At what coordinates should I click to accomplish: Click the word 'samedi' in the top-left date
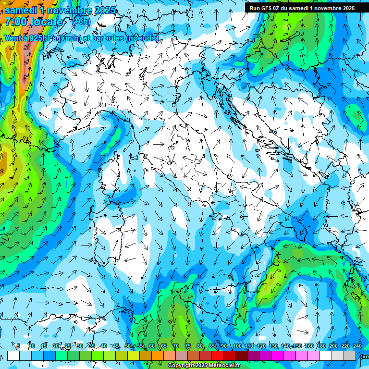[21, 10]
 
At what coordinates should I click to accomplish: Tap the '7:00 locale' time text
[34, 22]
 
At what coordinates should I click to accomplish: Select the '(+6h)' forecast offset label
[81, 21]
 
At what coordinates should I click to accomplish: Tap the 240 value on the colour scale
[357, 346]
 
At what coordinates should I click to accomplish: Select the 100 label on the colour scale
[237, 346]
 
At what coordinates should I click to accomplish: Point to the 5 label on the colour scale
[18, 346]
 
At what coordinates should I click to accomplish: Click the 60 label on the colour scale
[151, 346]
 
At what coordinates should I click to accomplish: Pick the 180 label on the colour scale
[320, 346]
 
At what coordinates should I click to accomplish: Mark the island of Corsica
[119, 168]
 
